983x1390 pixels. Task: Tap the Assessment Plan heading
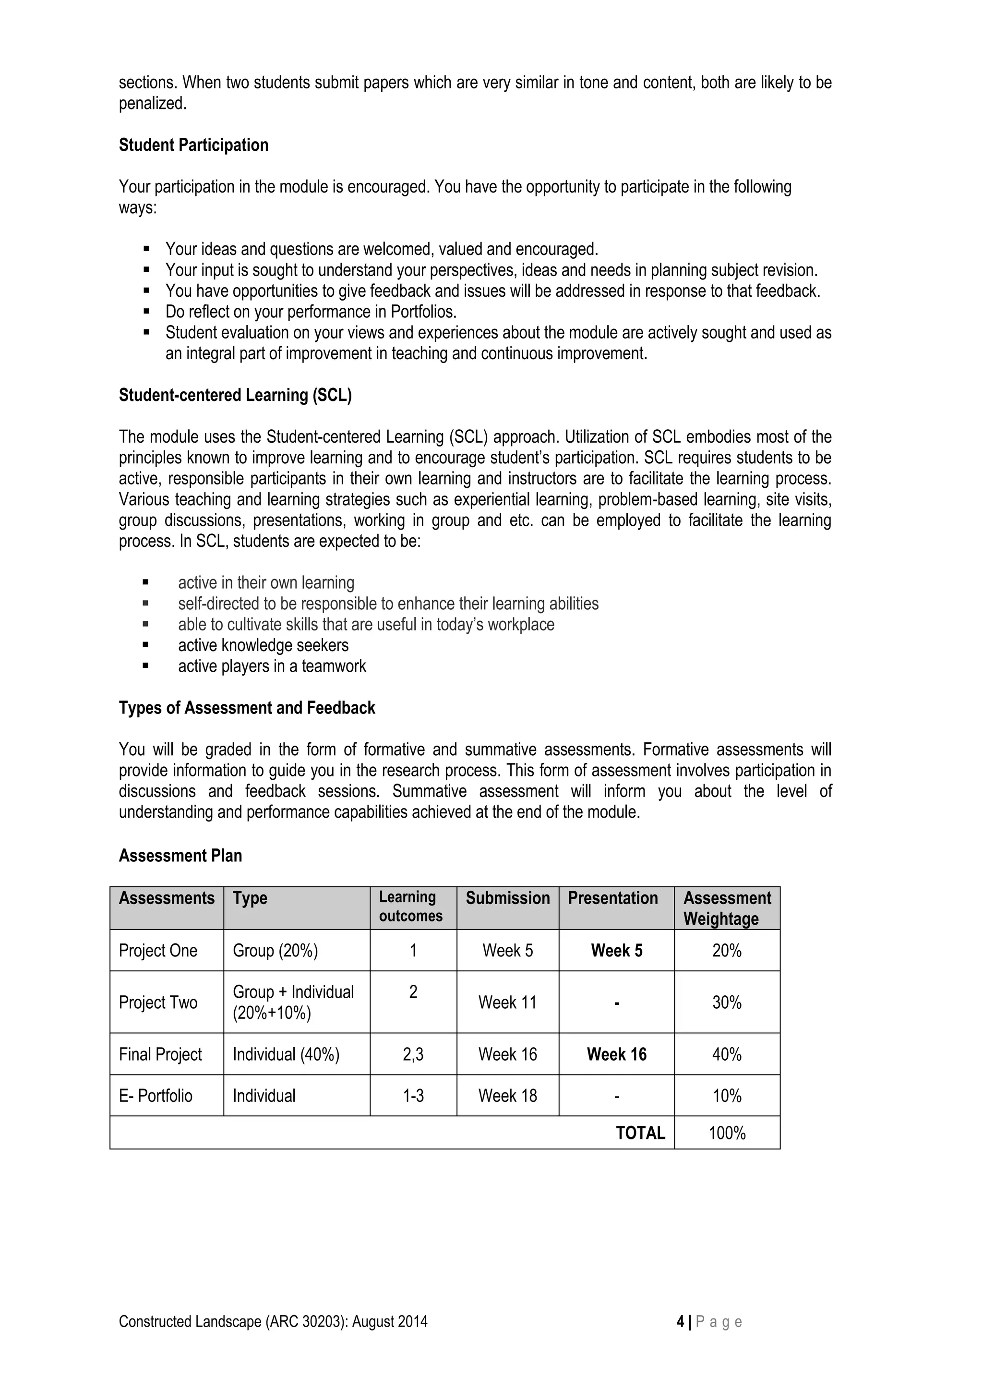point(180,856)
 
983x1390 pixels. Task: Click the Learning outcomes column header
point(410,907)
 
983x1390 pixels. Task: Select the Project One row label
point(158,951)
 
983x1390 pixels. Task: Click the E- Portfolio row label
point(156,1096)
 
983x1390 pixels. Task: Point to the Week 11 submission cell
point(507,1003)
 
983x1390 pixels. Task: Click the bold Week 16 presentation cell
point(616,1054)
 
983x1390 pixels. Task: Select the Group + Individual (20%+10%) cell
point(293,1003)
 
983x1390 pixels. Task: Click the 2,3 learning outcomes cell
point(413,1054)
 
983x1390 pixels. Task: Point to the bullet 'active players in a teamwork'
point(272,666)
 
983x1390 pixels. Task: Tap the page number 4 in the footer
point(680,1322)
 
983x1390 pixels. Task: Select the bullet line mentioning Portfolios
point(311,312)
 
